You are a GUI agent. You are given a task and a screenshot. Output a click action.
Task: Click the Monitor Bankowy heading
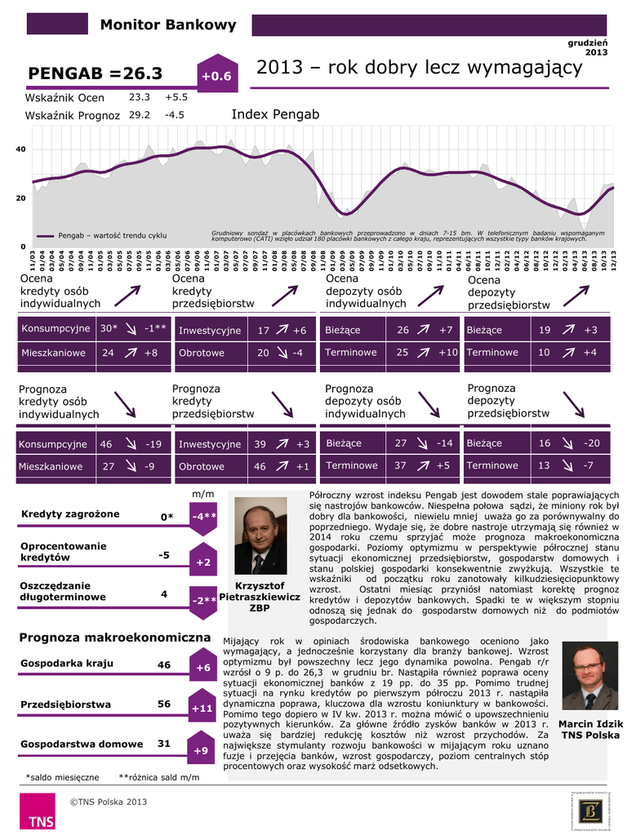(x=167, y=24)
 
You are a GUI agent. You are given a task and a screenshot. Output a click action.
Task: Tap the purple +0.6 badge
(x=216, y=76)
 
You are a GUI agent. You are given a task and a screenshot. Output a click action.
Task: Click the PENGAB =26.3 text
(x=96, y=73)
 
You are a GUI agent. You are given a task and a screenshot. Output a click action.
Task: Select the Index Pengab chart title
(x=275, y=114)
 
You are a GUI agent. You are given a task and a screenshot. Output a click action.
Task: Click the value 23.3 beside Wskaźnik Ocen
(x=140, y=96)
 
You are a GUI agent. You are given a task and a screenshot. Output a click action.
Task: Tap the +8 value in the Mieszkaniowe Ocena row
(x=151, y=354)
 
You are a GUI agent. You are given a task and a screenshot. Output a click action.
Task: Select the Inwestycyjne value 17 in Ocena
(x=263, y=331)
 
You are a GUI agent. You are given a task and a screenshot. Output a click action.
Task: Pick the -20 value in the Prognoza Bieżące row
(x=592, y=443)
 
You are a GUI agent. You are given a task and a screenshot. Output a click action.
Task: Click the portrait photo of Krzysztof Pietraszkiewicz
(x=260, y=535)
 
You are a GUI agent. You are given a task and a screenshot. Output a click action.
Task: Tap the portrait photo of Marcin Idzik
(x=589, y=677)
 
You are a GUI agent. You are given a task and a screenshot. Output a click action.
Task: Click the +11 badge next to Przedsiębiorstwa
(x=202, y=708)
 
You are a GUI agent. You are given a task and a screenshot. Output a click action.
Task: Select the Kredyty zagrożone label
(x=70, y=514)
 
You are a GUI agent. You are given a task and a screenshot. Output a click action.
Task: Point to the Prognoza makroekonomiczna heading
(x=115, y=637)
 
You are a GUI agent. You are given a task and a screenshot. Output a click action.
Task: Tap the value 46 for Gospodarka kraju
(x=164, y=665)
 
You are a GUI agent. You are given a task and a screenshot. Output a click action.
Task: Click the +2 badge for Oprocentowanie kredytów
(x=203, y=563)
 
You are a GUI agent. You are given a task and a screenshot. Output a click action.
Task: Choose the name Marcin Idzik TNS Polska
(x=590, y=730)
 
